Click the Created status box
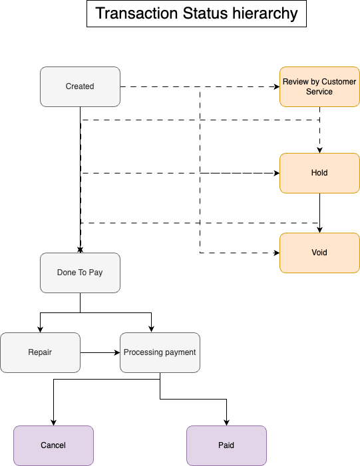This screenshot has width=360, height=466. pyautogui.click(x=80, y=86)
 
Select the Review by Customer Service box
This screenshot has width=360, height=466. pyautogui.click(x=319, y=86)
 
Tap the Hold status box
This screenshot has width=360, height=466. pyautogui.click(x=319, y=173)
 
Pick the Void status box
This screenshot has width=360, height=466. pyautogui.click(x=319, y=253)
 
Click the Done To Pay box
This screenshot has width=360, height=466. pyautogui.click(x=80, y=273)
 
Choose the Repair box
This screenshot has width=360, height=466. pyautogui.click(x=40, y=352)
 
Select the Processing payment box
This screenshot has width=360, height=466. pyautogui.click(x=160, y=352)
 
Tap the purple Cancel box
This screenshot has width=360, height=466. pyautogui.click(x=53, y=445)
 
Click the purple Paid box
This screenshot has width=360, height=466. pyautogui.click(x=226, y=445)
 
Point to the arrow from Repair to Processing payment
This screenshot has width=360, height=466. pyautogui.click(x=100, y=352)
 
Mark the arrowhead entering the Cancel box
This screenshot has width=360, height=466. pyautogui.click(x=53, y=422)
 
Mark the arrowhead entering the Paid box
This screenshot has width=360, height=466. pyautogui.click(x=227, y=422)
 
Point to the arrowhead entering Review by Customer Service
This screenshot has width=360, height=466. pyautogui.click(x=276, y=86)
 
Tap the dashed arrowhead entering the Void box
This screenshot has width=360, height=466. pyautogui.click(x=276, y=253)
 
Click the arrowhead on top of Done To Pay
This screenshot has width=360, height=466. pyautogui.click(x=80, y=250)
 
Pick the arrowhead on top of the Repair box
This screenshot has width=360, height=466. pyautogui.click(x=41, y=329)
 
